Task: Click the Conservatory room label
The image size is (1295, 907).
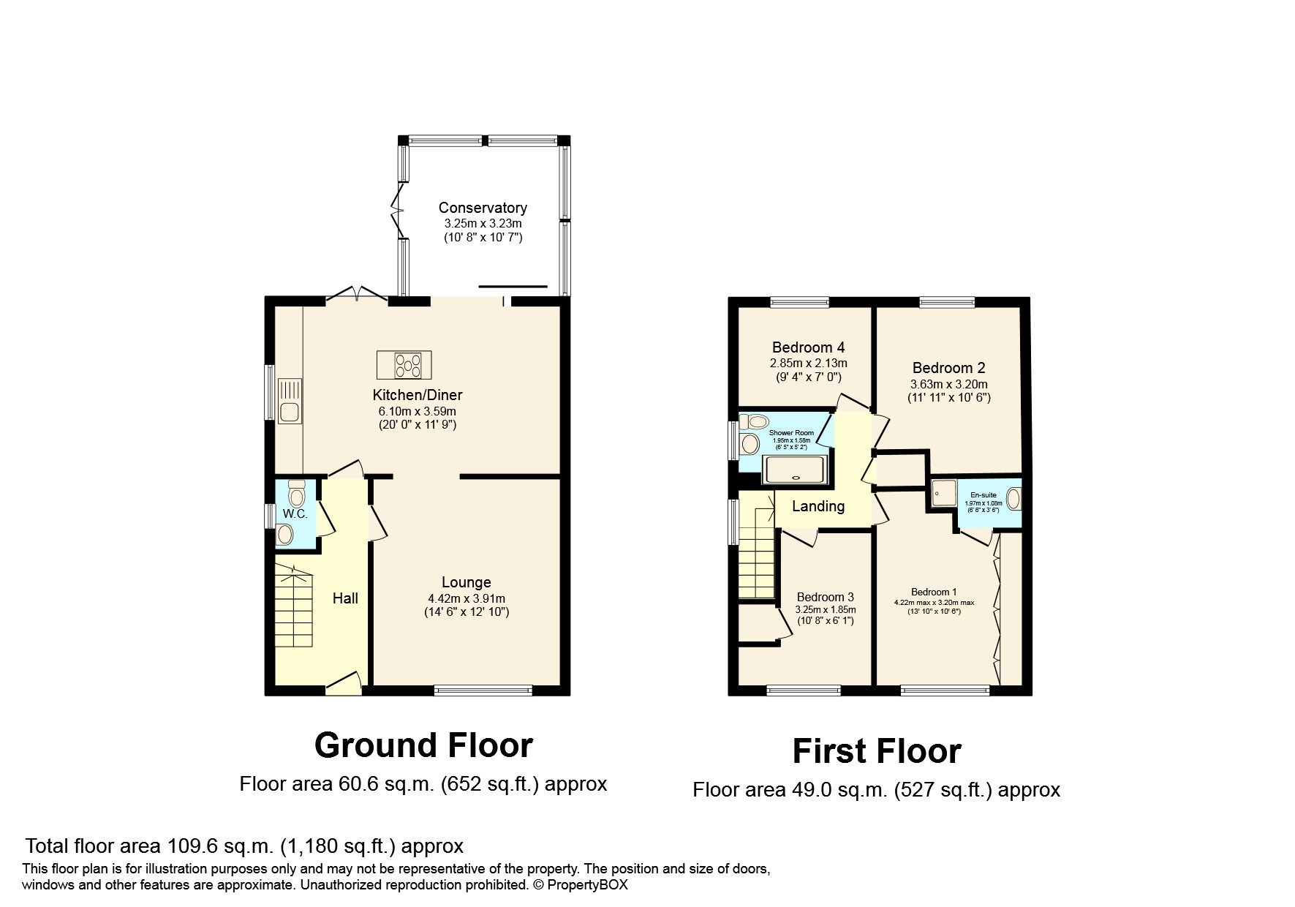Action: point(483,208)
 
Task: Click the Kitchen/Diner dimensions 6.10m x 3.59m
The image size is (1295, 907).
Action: point(418,411)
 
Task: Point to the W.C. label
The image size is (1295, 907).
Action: point(295,513)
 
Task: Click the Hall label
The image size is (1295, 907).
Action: point(345,598)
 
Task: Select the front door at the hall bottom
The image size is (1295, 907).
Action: point(343,685)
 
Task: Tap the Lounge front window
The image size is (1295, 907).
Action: point(483,690)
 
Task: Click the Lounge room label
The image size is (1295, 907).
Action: point(466,582)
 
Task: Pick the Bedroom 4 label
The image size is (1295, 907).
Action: point(808,347)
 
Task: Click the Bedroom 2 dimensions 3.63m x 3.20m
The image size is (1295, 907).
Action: point(948,384)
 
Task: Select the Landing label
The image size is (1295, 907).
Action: point(818,506)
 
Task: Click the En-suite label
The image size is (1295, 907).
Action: point(983,495)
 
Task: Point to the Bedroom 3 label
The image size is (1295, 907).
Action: point(825,597)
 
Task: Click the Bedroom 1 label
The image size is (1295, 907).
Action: point(934,592)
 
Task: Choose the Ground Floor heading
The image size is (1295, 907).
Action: point(423,745)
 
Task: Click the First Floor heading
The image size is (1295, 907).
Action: point(876,751)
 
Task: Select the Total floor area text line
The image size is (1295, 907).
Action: point(244,846)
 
